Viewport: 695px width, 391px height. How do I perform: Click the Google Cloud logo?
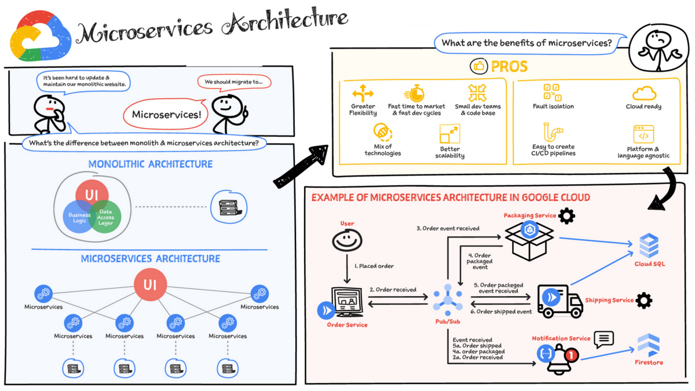39,36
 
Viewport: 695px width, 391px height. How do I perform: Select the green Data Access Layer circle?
106,217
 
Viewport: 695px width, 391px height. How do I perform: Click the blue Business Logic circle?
78,216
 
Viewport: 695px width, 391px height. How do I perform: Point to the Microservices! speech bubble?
166,114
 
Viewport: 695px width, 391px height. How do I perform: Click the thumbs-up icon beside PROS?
478,67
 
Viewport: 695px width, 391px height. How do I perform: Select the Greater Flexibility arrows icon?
363,93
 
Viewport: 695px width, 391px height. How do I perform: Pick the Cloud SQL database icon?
649,246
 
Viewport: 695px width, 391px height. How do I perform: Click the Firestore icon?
648,346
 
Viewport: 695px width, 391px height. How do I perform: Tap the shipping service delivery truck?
559,301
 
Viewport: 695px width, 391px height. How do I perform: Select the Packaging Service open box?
529,237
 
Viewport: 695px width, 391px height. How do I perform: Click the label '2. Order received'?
393,289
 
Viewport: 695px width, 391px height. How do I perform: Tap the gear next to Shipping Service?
643,300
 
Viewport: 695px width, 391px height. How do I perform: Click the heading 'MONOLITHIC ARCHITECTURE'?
151,165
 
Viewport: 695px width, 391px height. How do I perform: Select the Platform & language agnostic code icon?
643,135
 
